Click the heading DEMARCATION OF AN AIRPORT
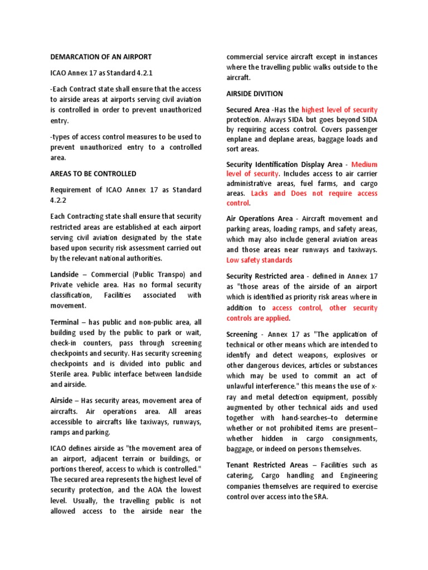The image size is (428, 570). point(100,57)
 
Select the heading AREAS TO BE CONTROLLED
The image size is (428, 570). point(93,174)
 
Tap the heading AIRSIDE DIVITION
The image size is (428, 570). point(255,94)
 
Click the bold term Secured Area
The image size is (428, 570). point(249,110)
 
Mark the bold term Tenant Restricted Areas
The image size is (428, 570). point(271,465)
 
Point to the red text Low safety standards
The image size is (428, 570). point(259,260)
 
